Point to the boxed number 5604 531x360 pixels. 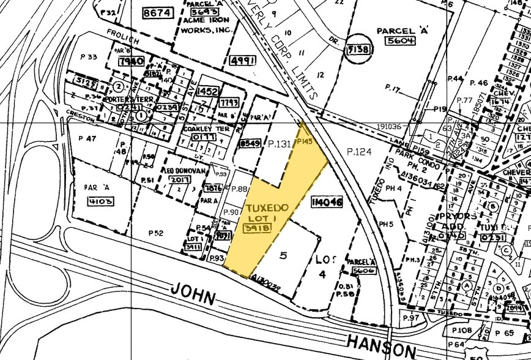399,41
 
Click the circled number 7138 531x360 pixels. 358,49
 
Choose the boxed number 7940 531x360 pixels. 132,61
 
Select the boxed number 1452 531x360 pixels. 208,91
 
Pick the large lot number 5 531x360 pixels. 283,255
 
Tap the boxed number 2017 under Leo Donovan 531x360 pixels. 180,179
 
